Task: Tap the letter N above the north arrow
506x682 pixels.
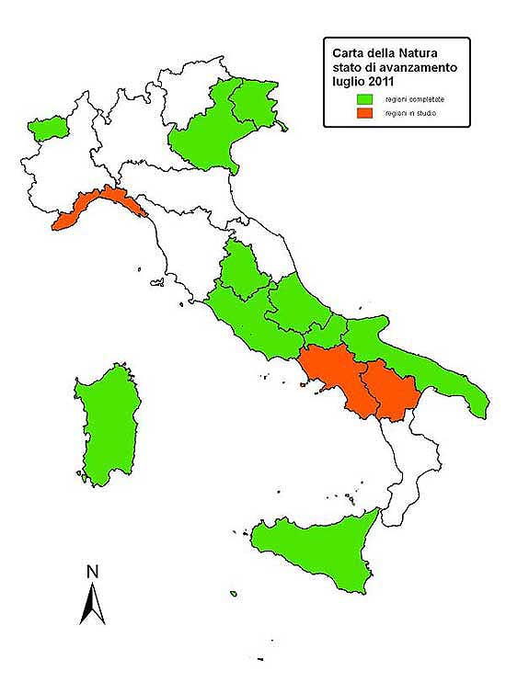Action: pyautogui.click(x=92, y=572)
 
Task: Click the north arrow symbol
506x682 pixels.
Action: pyautogui.click(x=92, y=605)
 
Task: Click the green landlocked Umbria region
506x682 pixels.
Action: pyautogui.click(x=242, y=271)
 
